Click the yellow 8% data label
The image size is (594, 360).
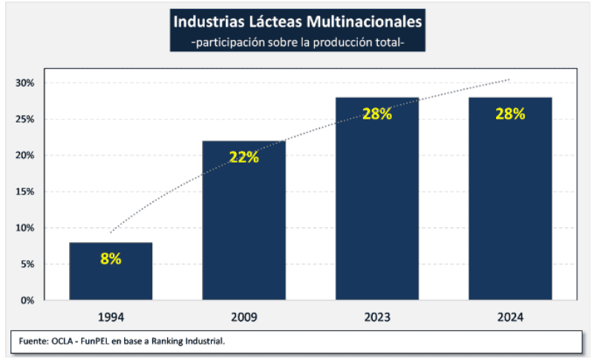tap(111, 259)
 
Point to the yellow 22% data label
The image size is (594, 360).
tap(244, 157)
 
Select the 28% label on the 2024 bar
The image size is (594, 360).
tap(510, 114)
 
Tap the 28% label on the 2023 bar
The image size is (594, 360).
tap(377, 114)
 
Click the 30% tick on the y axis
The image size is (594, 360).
tap(25, 82)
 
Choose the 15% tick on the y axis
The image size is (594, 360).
tap(25, 192)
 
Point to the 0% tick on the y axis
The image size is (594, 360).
tap(27, 301)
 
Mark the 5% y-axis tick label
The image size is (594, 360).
tap(27, 264)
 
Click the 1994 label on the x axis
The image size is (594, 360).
tap(111, 317)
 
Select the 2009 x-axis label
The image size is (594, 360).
tap(244, 317)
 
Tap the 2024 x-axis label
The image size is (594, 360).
tap(510, 317)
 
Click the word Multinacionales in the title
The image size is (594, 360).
tap(362, 21)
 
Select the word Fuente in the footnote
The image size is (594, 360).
tap(33, 341)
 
